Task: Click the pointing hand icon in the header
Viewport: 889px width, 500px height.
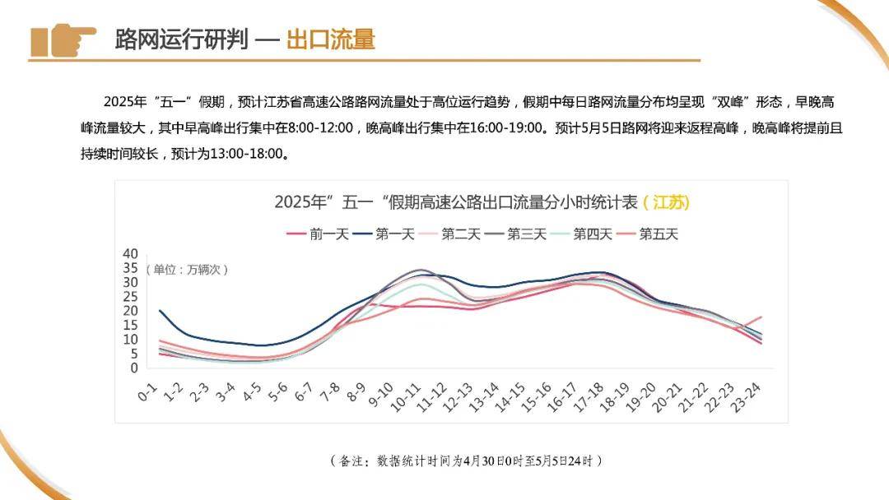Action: tap(63, 39)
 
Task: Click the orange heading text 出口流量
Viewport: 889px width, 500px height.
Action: tap(331, 39)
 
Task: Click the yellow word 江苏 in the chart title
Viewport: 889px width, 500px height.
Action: tap(667, 202)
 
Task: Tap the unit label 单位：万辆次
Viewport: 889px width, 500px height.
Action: tap(187, 269)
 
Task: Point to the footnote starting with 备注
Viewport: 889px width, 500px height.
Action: tap(465, 460)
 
